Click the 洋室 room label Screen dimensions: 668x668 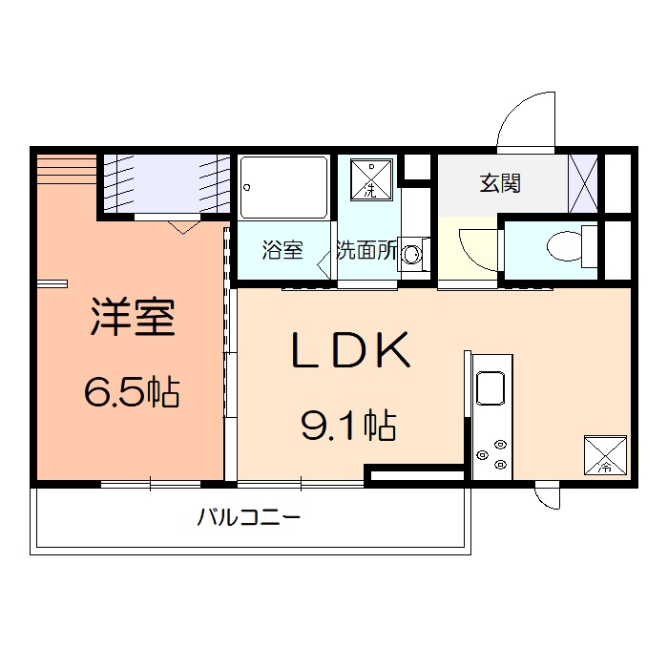tap(133, 318)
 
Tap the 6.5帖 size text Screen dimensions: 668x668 tap(133, 391)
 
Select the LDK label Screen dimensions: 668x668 tap(350, 351)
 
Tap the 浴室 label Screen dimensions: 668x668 tap(282, 251)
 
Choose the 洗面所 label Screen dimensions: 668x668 tap(366, 251)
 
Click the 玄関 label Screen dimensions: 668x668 tap(499, 183)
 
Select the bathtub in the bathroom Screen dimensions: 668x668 tap(283, 187)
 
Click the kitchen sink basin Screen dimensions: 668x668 tap(492, 390)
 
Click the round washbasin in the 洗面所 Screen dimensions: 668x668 tap(413, 255)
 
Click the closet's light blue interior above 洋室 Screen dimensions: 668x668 tap(165, 183)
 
